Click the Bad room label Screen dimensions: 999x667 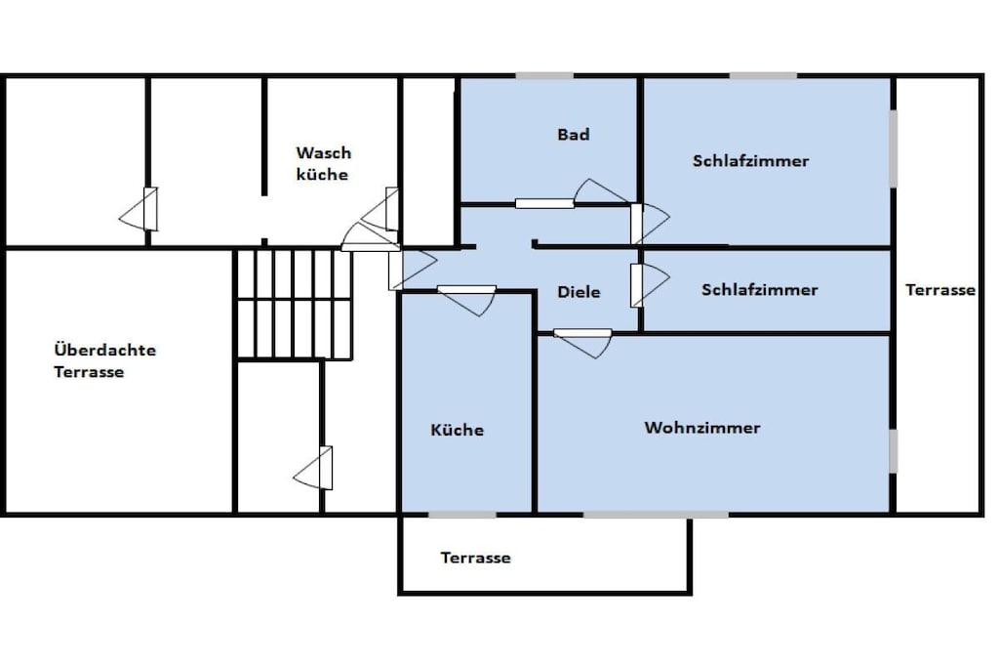(x=574, y=135)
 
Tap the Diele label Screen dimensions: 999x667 (x=579, y=292)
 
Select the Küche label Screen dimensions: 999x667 (x=457, y=430)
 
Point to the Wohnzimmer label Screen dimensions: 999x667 (x=702, y=427)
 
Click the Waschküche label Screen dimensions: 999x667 (x=324, y=163)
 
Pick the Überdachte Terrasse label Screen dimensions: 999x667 (x=105, y=360)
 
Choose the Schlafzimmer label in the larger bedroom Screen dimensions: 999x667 (x=750, y=161)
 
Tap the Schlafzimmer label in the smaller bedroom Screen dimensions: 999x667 (x=759, y=289)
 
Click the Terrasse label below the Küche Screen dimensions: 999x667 (x=475, y=558)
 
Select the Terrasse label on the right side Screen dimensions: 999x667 (x=940, y=290)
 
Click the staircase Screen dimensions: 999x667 (x=295, y=304)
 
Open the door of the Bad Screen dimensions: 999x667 (x=574, y=195)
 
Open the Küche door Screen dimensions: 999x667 (x=467, y=299)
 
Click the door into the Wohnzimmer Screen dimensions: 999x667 (x=583, y=341)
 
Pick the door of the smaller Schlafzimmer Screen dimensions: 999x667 (x=649, y=284)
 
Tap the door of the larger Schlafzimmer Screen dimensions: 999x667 (x=649, y=224)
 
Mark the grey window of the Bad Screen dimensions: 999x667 (x=544, y=76)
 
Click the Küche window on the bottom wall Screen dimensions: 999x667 (x=461, y=514)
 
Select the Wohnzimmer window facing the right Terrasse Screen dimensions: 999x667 (x=894, y=451)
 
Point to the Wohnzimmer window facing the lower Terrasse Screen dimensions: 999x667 (x=657, y=514)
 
